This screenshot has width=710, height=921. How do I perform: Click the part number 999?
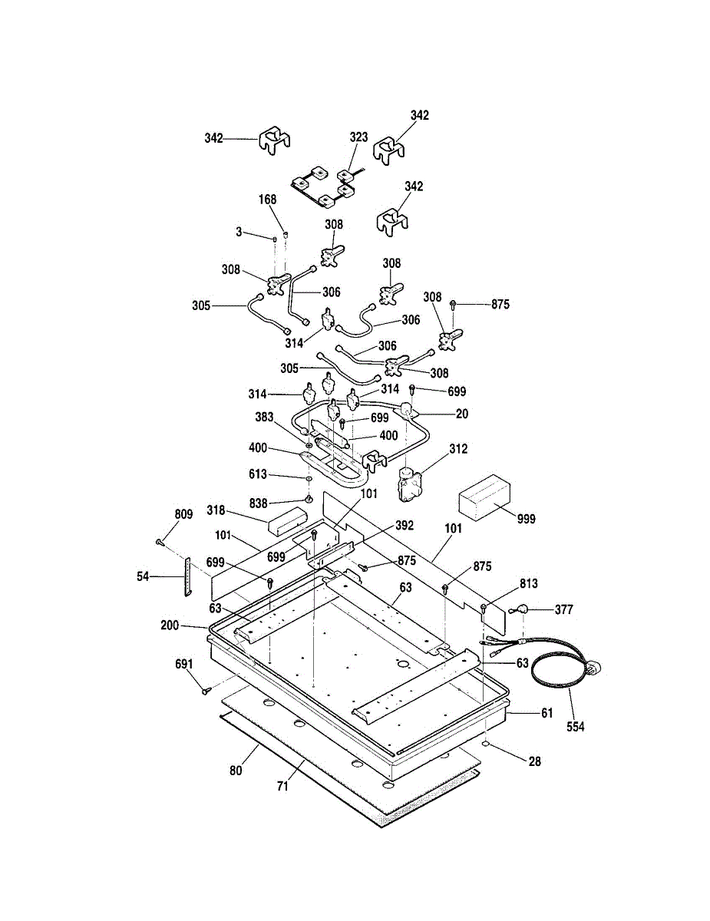pos(526,519)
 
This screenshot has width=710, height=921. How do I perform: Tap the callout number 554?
pos(575,727)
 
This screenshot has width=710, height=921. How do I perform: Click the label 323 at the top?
pos(358,137)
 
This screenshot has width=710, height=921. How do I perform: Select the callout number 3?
pos(239,231)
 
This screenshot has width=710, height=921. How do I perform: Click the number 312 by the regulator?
pos(458,449)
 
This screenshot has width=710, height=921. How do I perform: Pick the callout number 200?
pos(170,626)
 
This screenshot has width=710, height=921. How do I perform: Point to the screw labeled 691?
pos(206,691)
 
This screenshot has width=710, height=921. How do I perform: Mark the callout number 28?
pos(534,761)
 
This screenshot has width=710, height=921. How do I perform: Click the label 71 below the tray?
pos(282,787)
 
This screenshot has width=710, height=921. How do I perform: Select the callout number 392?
pos(405,526)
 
